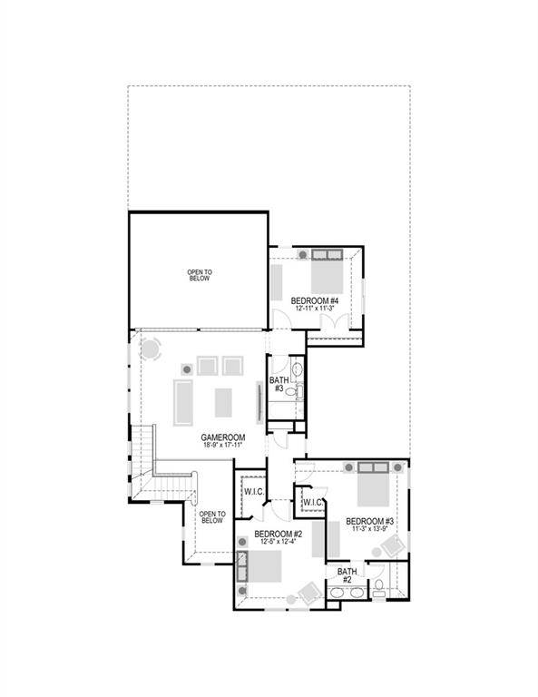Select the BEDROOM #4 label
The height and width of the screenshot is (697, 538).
pos(315,300)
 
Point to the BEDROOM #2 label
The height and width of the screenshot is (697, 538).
pos(278,534)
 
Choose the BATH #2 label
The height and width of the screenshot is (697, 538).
pos(346,575)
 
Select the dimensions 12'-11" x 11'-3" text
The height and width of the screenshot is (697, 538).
pos(315,309)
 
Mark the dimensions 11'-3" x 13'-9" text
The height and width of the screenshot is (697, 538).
pos(369,530)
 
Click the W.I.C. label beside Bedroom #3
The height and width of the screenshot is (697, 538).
pos(312,502)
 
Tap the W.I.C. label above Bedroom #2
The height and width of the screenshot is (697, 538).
pos(252,492)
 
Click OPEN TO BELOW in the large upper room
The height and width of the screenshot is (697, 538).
pos(200,275)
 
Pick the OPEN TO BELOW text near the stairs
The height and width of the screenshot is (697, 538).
pos(211,517)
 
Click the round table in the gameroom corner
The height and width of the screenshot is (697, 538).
pos(152,348)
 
